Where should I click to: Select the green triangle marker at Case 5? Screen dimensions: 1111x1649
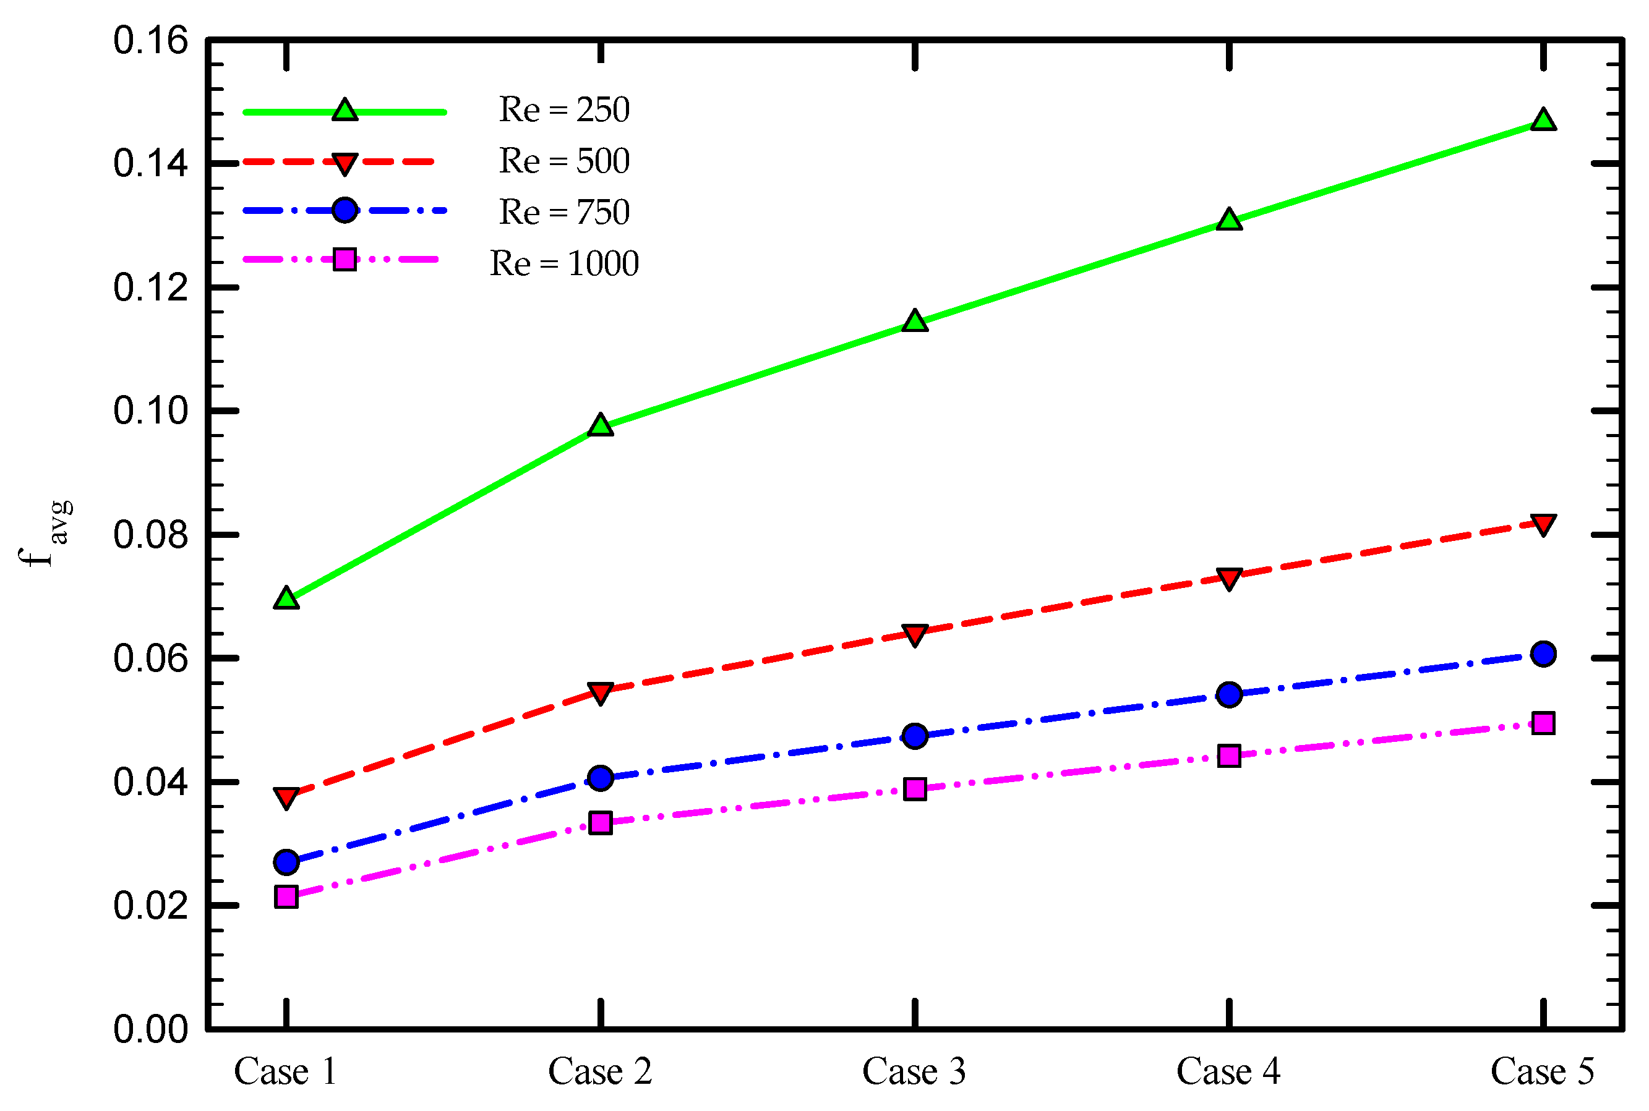pyautogui.click(x=1543, y=120)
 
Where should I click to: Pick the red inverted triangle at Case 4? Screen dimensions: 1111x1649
pyautogui.click(x=1230, y=578)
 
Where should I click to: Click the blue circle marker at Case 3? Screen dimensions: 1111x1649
pyautogui.click(x=915, y=736)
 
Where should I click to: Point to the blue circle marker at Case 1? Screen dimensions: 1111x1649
pyautogui.click(x=286, y=862)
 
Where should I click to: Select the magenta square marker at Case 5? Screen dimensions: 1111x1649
pyautogui.click(x=1543, y=723)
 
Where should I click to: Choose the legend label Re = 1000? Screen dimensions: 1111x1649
pyautogui.click(x=564, y=263)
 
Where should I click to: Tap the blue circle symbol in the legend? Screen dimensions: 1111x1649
pyautogui.click(x=345, y=210)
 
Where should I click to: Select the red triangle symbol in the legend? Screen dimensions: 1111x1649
pyautogui.click(x=345, y=164)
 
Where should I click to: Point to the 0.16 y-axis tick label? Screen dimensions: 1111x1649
pyautogui.click(x=150, y=41)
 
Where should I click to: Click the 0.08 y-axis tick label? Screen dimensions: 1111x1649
pyautogui.click(x=150, y=535)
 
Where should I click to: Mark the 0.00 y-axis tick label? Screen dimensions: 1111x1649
pyautogui.click(x=150, y=1029)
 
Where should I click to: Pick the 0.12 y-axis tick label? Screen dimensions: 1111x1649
pyautogui.click(x=150, y=288)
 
